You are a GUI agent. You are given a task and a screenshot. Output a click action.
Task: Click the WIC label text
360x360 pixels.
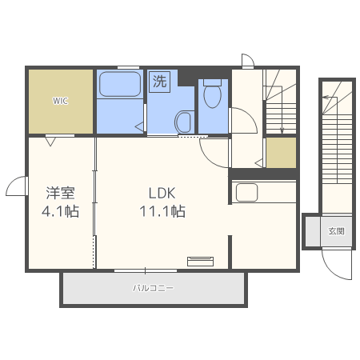coord(60,101)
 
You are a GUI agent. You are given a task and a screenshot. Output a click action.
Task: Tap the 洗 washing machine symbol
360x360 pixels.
coord(160,82)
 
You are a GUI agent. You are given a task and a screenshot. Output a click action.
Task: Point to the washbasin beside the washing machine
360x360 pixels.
coord(183,122)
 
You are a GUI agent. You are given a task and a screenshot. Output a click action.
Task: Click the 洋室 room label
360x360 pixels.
coord(61,193)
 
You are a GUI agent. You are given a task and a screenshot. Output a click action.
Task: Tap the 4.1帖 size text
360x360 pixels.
coord(61,213)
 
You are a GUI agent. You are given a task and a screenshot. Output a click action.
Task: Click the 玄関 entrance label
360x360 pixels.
coord(336,231)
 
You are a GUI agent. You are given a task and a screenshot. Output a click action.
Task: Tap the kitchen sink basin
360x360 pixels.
coord(246,193)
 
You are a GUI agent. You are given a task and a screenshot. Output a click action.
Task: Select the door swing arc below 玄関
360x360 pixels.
coord(338,265)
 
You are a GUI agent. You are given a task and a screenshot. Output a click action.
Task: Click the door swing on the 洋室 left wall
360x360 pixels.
coord(16,187)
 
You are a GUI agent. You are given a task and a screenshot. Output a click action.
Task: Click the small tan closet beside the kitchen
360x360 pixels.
coord(281,153)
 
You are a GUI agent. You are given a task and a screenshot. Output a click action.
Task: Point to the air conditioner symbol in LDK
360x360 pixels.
coord(201,260)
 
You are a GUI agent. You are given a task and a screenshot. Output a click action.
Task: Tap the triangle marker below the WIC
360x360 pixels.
coord(50,142)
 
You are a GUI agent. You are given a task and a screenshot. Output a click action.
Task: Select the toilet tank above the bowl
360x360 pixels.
coord(212,82)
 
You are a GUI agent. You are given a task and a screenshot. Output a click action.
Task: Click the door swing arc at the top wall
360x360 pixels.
coord(248,61)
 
